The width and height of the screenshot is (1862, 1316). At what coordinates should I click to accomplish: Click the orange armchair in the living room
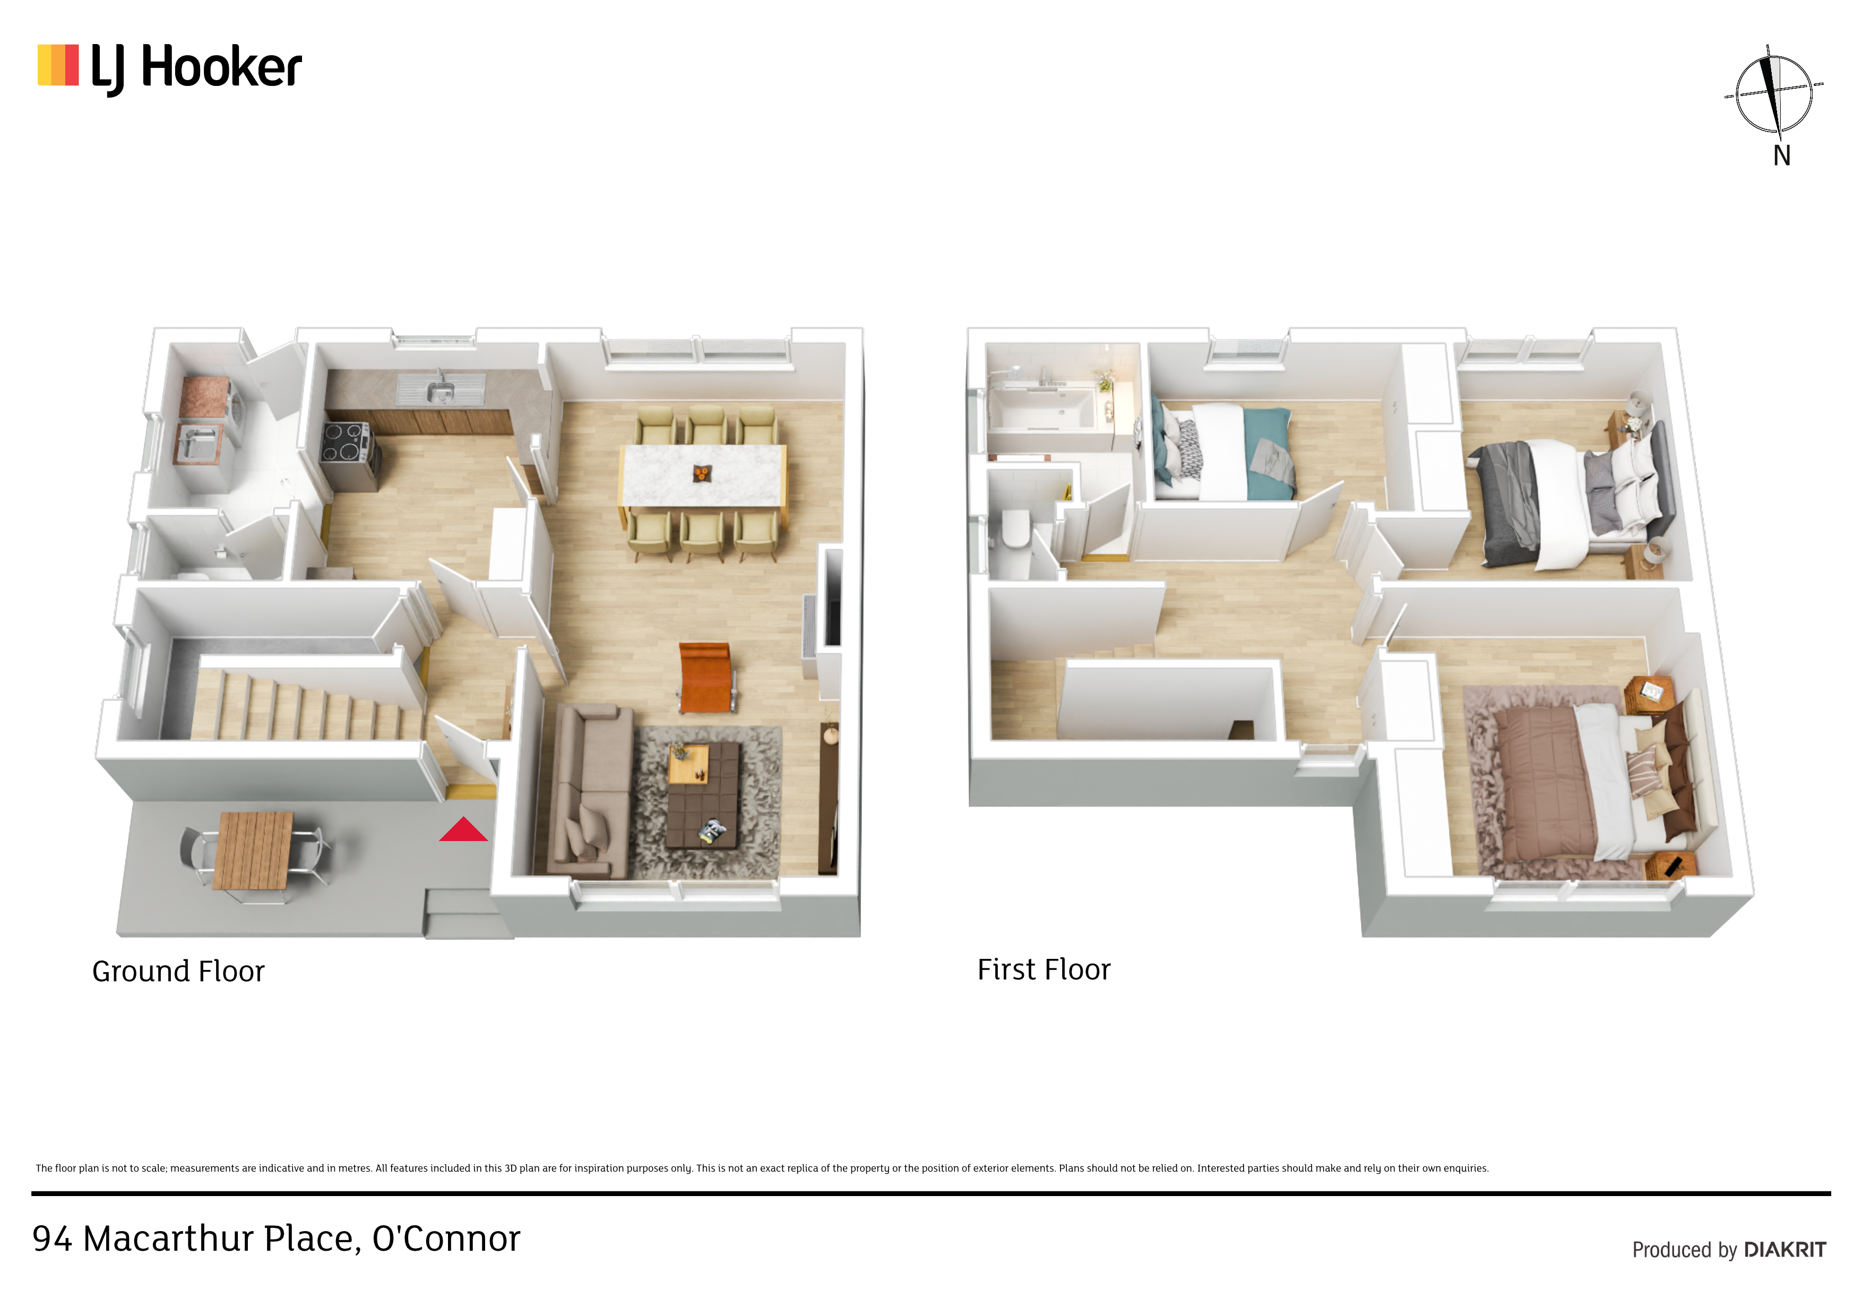705,678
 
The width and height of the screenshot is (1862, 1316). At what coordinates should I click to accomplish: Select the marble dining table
702,475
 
